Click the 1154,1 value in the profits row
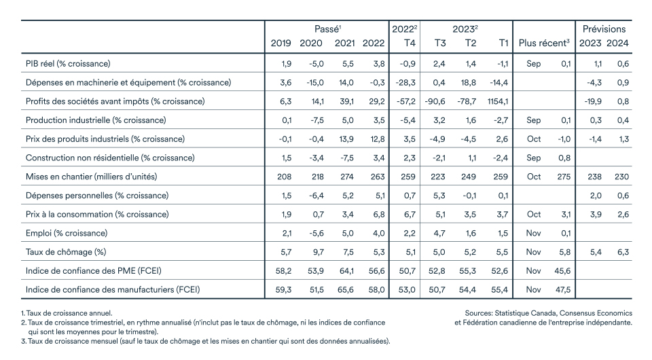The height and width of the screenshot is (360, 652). click(x=497, y=101)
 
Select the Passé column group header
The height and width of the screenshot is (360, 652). click(x=327, y=29)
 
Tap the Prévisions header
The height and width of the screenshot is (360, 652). click(x=604, y=29)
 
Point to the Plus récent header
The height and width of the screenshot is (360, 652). click(x=544, y=43)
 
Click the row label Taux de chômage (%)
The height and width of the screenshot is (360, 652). click(x=66, y=252)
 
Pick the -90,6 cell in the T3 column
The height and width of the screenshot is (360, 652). click(x=435, y=101)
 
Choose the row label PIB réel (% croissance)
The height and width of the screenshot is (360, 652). click(x=68, y=64)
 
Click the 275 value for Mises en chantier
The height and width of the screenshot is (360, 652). click(x=564, y=177)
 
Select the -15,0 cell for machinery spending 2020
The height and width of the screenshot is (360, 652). click(x=315, y=83)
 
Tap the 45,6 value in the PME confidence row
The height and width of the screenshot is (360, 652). click(x=562, y=271)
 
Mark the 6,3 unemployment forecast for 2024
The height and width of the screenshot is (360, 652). click(x=623, y=252)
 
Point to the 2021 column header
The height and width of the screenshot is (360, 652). click(x=345, y=43)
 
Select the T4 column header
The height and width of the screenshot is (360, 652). click(x=410, y=43)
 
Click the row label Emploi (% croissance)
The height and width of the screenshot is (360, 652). click(x=67, y=233)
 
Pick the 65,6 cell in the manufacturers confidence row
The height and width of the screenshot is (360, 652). click(x=346, y=290)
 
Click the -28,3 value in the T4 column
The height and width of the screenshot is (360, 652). click(x=405, y=83)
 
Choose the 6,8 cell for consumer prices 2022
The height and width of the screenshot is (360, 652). click(x=379, y=215)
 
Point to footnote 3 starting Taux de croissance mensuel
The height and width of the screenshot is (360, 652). click(x=205, y=341)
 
